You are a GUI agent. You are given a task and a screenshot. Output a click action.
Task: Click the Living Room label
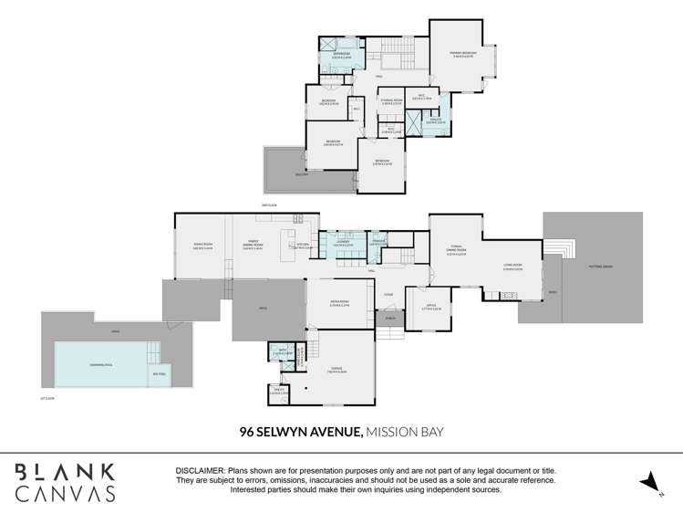(x=512, y=267)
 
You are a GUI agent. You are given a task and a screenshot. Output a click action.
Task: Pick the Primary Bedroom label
(x=463, y=55)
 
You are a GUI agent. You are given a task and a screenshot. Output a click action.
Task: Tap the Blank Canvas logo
(x=64, y=481)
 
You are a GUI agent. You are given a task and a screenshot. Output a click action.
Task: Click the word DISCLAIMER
(x=200, y=470)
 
